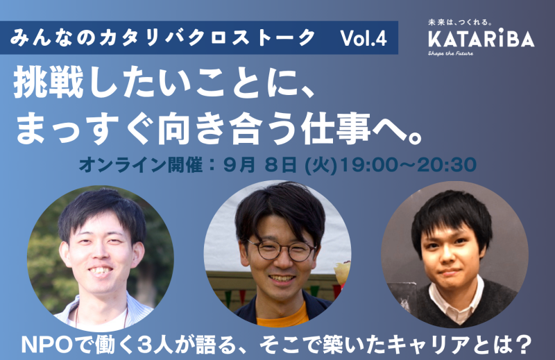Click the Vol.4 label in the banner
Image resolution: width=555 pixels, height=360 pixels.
[364, 38]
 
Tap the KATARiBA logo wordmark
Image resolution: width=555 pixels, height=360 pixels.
[481, 39]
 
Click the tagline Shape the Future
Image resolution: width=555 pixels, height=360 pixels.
[450, 53]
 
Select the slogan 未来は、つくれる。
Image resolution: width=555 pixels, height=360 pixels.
[460, 23]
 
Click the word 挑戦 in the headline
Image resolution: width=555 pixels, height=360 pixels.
[49, 85]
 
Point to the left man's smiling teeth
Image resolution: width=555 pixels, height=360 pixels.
[101, 271]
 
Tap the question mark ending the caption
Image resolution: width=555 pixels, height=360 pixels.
[524, 343]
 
